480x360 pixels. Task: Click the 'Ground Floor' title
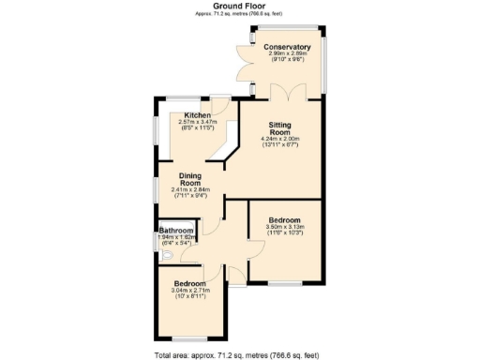click(x=240, y=6)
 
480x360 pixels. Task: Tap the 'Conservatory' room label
click(x=287, y=47)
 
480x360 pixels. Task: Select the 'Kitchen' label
click(x=197, y=116)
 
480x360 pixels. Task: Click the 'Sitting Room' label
click(x=279, y=129)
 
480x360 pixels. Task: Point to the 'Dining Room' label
click(x=191, y=178)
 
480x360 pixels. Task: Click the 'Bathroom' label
click(x=175, y=231)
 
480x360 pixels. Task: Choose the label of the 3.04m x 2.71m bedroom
click(x=189, y=282)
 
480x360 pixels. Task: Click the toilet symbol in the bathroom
click(x=163, y=253)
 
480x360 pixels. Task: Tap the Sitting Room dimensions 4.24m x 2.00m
click(x=279, y=142)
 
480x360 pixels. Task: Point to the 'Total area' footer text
click(x=240, y=355)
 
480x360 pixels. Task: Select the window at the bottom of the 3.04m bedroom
click(x=191, y=338)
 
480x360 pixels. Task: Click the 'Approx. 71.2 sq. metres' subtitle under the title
click(x=240, y=14)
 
